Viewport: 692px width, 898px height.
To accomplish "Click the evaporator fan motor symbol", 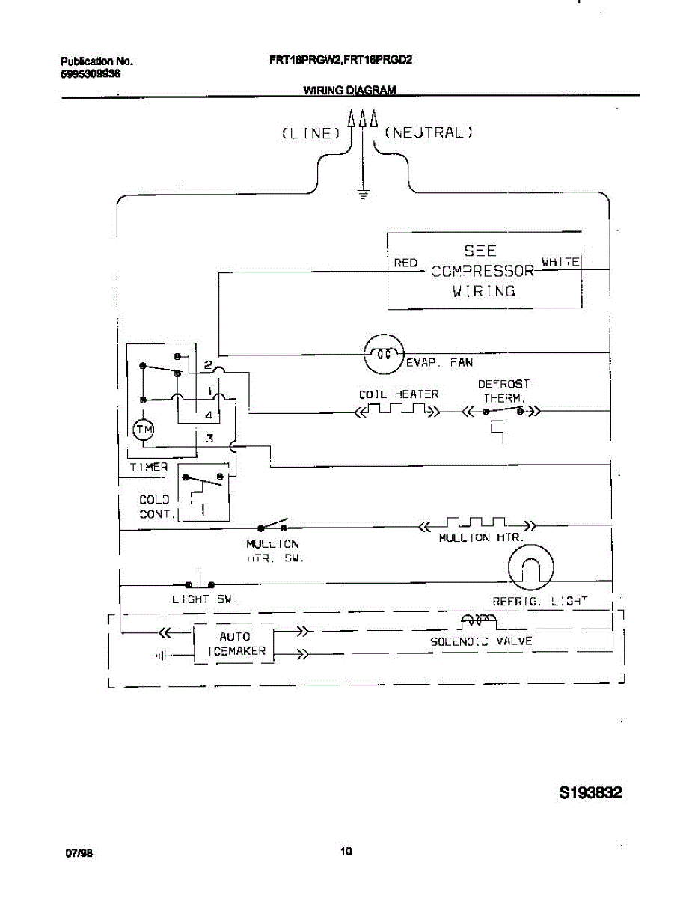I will [x=383, y=354].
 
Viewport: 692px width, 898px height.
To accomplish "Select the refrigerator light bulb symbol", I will [x=530, y=566].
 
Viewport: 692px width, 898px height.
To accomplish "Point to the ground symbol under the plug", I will [x=363, y=196].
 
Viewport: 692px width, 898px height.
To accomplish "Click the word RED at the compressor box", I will [x=405, y=263].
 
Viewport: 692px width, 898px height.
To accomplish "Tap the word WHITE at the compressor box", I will [x=560, y=262].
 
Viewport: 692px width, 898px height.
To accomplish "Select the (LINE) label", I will [x=311, y=134].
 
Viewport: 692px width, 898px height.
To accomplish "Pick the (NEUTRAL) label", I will [x=429, y=134].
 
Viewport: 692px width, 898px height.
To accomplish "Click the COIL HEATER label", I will [x=398, y=394].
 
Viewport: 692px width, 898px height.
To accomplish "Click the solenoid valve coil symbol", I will [x=477, y=620].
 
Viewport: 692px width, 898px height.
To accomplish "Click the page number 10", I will [x=346, y=852].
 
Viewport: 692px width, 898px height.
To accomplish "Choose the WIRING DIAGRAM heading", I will [x=349, y=90].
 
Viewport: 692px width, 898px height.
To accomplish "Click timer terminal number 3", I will [x=210, y=439].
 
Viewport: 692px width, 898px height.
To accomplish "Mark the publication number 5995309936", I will [x=91, y=74].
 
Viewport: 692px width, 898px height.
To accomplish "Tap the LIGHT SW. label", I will [x=204, y=600].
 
